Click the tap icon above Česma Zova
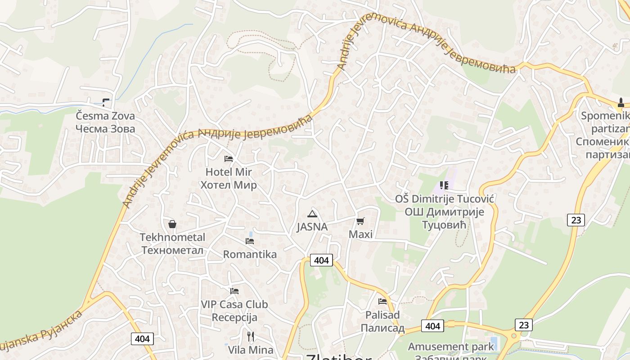[106, 102]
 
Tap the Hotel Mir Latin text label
[229, 172]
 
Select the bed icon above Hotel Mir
[229, 159]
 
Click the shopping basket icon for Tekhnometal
[172, 224]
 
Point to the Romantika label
[250, 254]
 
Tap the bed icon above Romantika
[250, 241]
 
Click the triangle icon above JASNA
[312, 214]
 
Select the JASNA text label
[312, 227]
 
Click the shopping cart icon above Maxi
[360, 221]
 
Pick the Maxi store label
[360, 234]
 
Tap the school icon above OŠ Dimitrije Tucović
[444, 185]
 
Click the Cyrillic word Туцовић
[445, 224]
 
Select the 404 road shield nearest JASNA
[321, 260]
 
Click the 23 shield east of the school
[576, 220]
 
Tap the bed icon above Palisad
[382, 301]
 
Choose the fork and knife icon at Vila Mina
[251, 336]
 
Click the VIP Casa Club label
[234, 304]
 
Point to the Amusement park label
[451, 346]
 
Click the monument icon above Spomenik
[621, 103]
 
